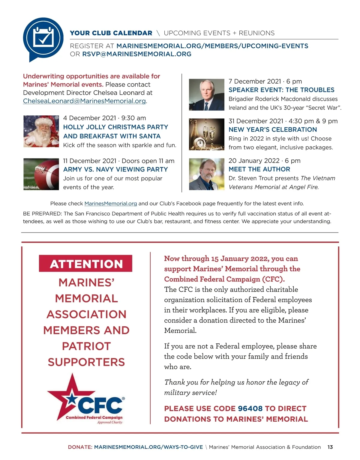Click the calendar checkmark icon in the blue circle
[43, 38]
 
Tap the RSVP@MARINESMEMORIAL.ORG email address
[137, 54]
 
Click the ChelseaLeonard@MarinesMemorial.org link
[85, 101]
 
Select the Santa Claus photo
[41, 131]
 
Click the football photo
[41, 174]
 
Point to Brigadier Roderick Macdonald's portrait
[206, 95]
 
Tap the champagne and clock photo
[206, 134]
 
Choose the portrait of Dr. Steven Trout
[206, 174]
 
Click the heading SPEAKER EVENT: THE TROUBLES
[281, 90]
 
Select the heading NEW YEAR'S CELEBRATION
[273, 130]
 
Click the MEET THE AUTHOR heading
[259, 169]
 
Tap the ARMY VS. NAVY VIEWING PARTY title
[115, 169]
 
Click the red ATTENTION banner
[86, 264]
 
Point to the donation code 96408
[250, 408]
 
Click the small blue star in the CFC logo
[71, 399]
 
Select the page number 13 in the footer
[330, 447]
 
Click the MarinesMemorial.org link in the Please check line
[111, 204]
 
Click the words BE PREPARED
[42, 214]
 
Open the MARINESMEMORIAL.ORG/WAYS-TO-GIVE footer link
[148, 447]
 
